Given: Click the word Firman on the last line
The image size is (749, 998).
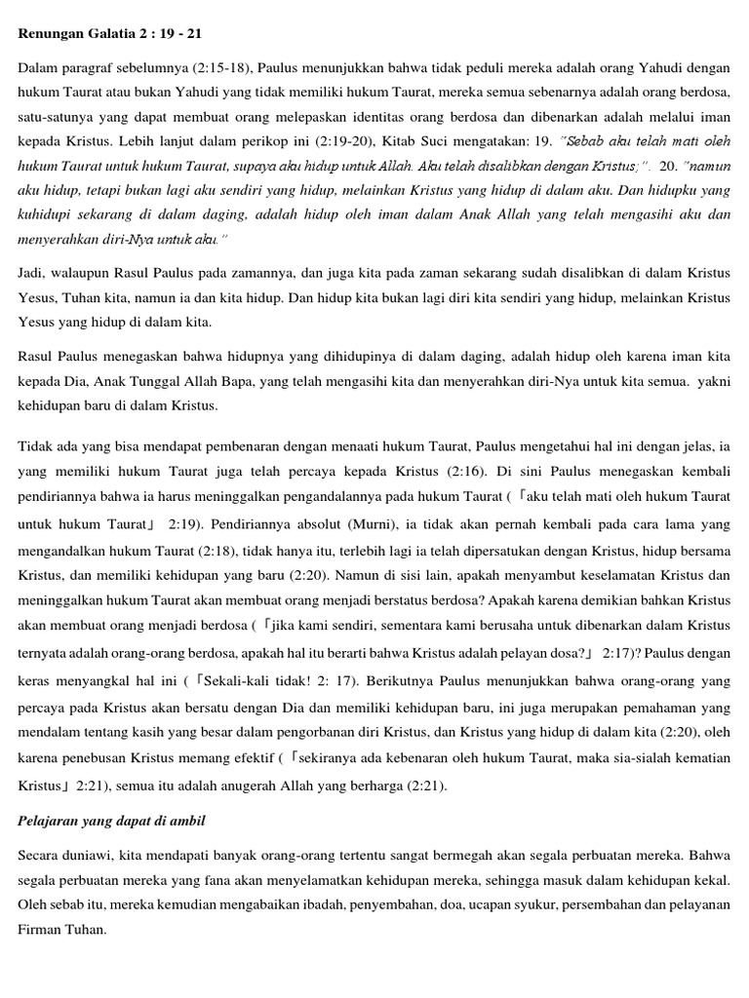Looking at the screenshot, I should tap(40, 931).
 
